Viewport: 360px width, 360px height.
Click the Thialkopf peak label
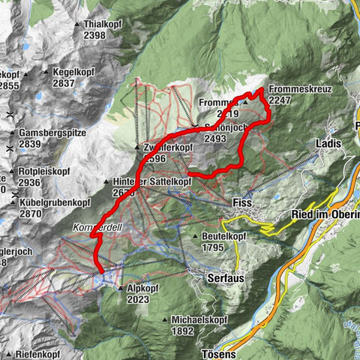tap(103, 25)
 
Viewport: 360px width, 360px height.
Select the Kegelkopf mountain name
tap(73, 73)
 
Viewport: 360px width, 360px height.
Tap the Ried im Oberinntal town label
tap(324, 215)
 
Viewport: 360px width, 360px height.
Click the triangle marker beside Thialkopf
tap(77, 25)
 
